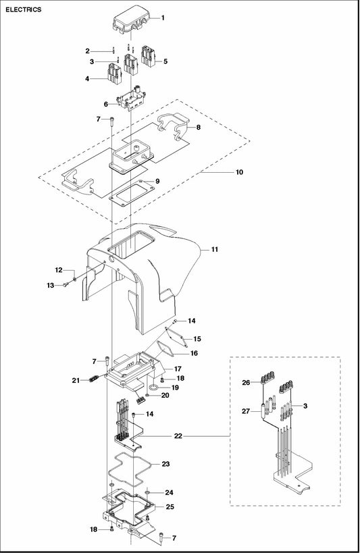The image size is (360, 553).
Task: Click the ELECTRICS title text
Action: pyautogui.click(x=23, y=9)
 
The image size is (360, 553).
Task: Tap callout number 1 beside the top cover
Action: pyautogui.click(x=163, y=18)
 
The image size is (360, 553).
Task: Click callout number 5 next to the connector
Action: pyautogui.click(x=165, y=61)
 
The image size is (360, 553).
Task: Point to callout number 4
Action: pyautogui.click(x=87, y=78)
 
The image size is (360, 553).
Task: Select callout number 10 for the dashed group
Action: pyautogui.click(x=239, y=172)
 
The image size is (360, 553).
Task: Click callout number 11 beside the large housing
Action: pyautogui.click(x=215, y=249)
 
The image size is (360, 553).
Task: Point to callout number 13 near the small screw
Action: pyautogui.click(x=51, y=286)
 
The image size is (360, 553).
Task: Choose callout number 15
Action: pyautogui.click(x=197, y=339)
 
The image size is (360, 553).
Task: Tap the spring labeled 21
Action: pyautogui.click(x=93, y=379)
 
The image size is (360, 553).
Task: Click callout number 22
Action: pyautogui.click(x=178, y=436)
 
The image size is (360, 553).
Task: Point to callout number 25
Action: pyautogui.click(x=170, y=507)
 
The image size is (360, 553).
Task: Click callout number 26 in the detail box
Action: pyautogui.click(x=246, y=382)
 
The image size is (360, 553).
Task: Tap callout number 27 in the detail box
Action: pyautogui.click(x=246, y=411)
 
